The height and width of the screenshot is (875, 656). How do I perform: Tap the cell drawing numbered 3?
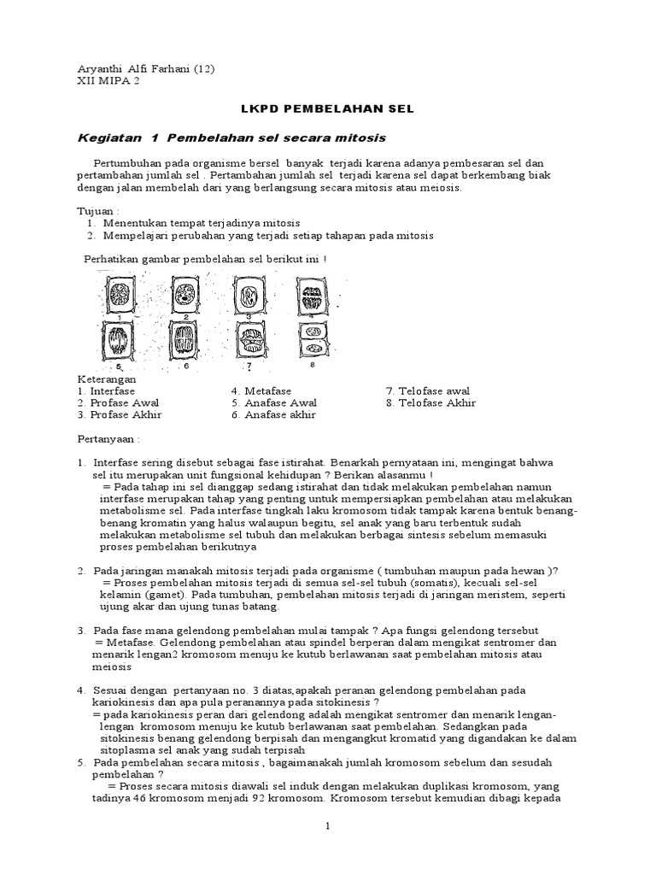[x=249, y=298]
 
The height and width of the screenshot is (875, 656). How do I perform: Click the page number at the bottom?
[x=327, y=826]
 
